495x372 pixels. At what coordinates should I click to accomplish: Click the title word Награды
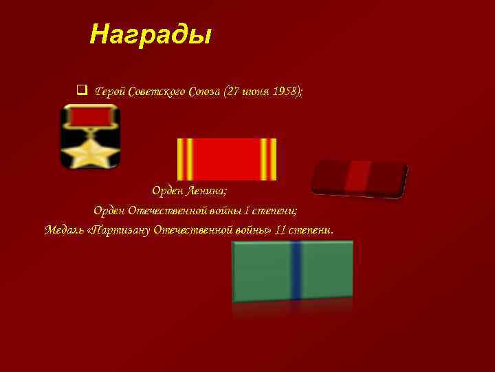click(150, 34)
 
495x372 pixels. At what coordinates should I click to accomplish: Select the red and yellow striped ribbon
click(227, 159)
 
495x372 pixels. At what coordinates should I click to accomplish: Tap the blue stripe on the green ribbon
click(296, 270)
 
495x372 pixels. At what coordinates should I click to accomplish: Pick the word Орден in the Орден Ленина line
click(167, 190)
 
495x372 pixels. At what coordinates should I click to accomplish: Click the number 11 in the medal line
click(280, 229)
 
